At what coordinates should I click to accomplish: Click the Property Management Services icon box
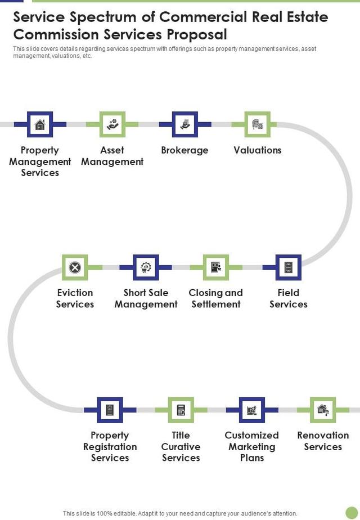pos(40,124)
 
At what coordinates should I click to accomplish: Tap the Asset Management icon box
pos(112,124)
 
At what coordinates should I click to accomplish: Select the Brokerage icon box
pos(184,124)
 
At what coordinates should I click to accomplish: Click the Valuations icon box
pos(257,124)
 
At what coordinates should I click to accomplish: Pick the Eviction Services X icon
pos(75,267)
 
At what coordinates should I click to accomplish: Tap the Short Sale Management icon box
pos(146,267)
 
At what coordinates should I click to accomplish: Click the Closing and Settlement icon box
pos(215,267)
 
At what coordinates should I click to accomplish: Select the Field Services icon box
pos(289,267)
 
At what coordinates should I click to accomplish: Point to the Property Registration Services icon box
pos(110,410)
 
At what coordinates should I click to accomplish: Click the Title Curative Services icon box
pos(181,410)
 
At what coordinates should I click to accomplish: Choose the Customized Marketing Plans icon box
pos(251,410)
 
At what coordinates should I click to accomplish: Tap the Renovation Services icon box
pos(323,410)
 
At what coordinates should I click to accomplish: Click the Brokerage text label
pos(184,150)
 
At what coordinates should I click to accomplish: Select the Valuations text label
pos(258,150)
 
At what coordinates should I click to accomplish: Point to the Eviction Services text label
pos(75,298)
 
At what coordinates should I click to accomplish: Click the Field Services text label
pos(289,298)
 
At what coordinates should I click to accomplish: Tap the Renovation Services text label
pos(323,441)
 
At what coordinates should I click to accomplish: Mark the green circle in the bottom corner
pos(352,513)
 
